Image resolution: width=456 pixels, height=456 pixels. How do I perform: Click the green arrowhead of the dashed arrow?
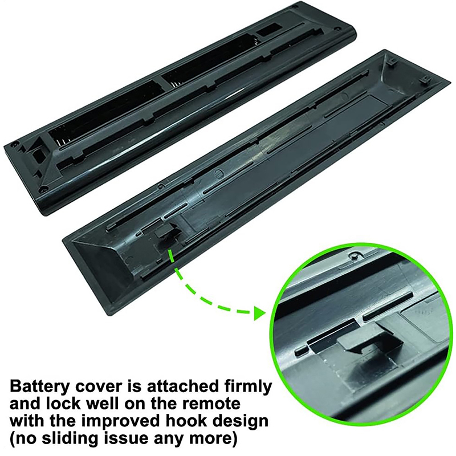[x=259, y=313]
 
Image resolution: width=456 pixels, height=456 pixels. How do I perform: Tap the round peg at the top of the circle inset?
[x=353, y=255]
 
